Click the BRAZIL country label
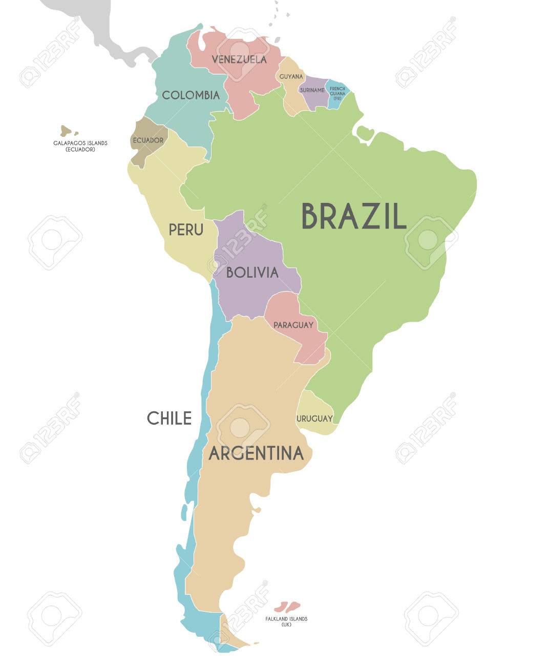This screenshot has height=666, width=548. [x=353, y=216]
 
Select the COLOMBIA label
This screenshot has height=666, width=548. [x=191, y=95]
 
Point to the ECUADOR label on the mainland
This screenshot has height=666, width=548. [x=148, y=140]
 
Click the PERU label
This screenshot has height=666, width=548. [x=186, y=230]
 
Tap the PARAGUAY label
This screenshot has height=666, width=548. [x=293, y=325]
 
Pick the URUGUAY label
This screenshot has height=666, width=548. [x=314, y=419]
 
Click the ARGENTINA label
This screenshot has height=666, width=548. [x=256, y=453]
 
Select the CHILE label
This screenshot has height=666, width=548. [x=169, y=418]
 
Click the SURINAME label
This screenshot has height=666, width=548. [x=312, y=90]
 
